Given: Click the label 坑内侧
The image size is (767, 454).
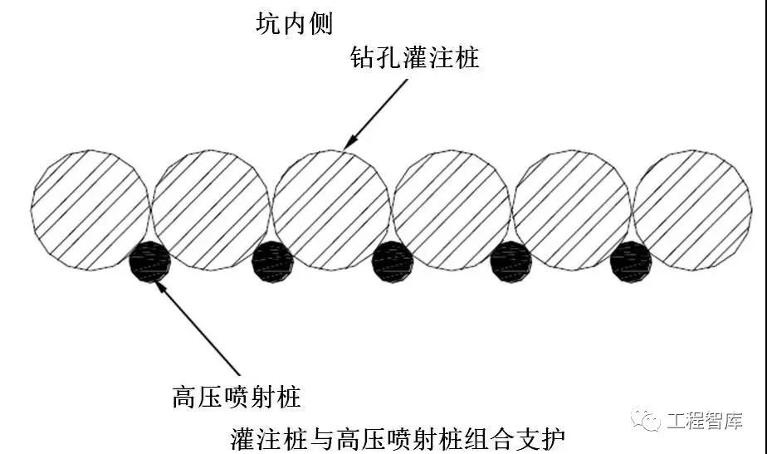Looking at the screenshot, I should tap(294, 23).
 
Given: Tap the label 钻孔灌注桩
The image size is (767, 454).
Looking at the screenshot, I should tap(415, 58).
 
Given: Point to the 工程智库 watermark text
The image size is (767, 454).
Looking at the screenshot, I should tap(704, 421).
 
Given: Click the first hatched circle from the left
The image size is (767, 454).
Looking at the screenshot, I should tap(90, 210).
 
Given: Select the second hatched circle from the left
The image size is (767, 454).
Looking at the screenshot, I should tap(211, 210).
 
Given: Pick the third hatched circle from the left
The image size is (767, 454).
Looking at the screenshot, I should tap(331, 210).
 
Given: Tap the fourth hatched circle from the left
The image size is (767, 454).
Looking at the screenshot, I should tap(452, 210).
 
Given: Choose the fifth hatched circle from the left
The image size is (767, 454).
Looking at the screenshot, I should tap(572, 210).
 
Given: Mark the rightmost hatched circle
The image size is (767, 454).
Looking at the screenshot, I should tap(692, 210).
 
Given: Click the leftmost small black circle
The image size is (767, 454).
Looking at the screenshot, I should tap(150, 261).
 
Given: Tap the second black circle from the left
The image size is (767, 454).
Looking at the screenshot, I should tap(272, 261).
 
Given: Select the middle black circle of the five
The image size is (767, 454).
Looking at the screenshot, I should tap(393, 261).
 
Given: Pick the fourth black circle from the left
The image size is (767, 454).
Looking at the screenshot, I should tap(511, 261).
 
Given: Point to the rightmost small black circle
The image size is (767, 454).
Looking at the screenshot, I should tap(631, 261).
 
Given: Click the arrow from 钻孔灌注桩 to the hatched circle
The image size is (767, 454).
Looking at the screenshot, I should tap(378, 112).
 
